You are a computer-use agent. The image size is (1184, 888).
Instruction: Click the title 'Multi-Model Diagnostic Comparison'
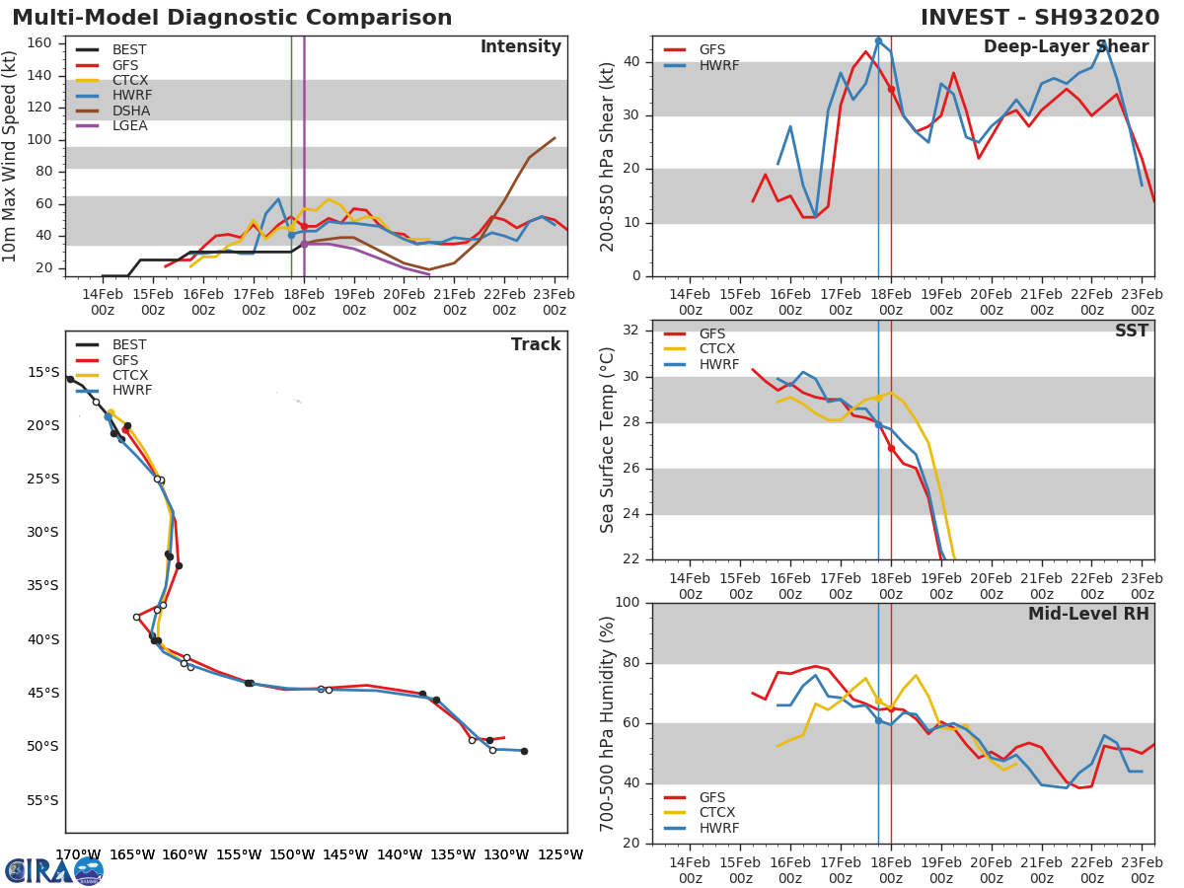point(232,18)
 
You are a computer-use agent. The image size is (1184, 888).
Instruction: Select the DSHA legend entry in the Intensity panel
point(129,111)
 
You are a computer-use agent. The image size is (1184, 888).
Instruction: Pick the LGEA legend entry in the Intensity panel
point(129,125)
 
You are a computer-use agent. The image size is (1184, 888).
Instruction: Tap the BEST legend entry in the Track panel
point(129,345)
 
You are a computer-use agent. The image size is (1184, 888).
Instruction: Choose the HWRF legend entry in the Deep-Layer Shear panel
point(718,65)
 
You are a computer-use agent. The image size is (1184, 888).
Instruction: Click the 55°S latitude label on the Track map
point(42,800)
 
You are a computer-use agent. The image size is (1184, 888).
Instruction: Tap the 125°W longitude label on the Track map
point(560,855)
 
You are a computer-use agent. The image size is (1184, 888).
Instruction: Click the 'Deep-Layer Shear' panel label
point(1066,47)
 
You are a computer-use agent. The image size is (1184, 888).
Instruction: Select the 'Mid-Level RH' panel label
point(1088,614)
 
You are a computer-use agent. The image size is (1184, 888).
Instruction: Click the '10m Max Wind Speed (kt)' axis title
point(11,156)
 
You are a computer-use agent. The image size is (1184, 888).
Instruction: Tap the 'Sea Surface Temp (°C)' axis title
point(608,440)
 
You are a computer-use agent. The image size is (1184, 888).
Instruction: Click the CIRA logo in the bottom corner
point(54,870)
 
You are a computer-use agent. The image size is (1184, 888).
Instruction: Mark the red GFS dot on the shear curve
point(891,89)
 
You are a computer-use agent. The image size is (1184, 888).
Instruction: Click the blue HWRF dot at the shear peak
point(878,41)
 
